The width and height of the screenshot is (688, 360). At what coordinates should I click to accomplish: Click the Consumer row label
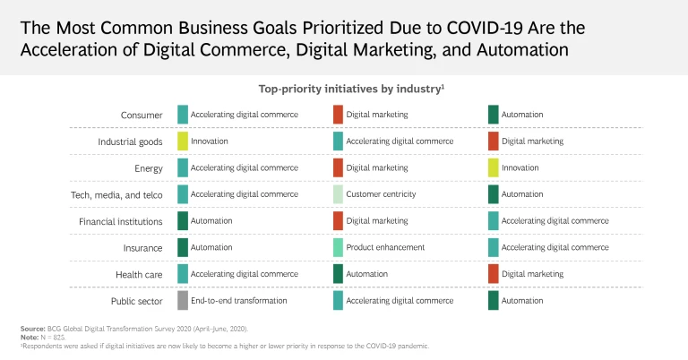(142, 115)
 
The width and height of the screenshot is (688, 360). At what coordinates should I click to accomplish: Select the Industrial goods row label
(130, 141)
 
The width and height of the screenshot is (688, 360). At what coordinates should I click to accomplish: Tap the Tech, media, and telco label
(116, 194)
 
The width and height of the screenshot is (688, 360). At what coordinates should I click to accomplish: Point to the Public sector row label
(136, 301)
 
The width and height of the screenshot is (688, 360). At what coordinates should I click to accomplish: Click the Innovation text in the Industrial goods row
(210, 141)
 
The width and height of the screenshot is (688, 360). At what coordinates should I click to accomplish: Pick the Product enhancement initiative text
(385, 247)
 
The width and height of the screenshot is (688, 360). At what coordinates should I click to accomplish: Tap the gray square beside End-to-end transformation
(183, 301)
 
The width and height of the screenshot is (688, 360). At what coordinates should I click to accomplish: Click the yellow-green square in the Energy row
(494, 167)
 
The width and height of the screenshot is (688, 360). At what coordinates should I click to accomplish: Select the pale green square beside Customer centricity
(338, 194)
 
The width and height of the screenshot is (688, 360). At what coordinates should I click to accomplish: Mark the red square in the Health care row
(494, 274)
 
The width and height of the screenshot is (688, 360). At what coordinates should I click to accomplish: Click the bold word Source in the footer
(32, 330)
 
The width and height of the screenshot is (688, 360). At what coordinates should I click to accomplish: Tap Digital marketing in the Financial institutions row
(377, 220)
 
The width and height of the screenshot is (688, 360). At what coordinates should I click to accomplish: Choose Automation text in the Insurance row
(211, 247)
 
